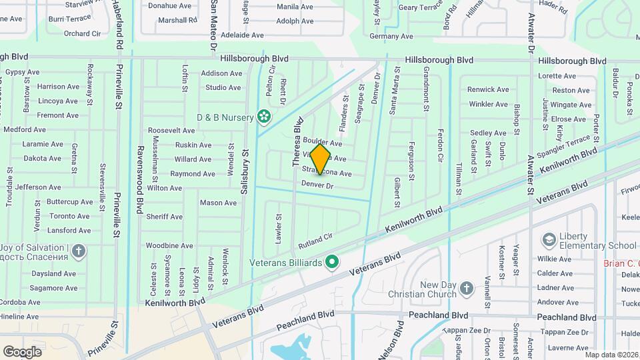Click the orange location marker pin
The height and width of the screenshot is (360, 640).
(321, 159)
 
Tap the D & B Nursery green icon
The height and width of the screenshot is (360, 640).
(265, 117)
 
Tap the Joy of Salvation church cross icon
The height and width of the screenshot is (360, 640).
(79, 251)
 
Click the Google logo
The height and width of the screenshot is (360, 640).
(22, 351)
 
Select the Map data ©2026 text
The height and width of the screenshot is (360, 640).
(611, 355)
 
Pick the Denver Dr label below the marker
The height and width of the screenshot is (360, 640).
(317, 185)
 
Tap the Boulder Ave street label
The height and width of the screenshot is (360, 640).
(322, 143)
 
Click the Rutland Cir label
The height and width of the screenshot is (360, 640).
(315, 239)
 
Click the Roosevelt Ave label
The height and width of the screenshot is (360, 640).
(171, 131)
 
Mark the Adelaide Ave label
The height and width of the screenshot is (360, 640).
(243, 35)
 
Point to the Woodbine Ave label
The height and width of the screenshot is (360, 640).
(169, 246)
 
